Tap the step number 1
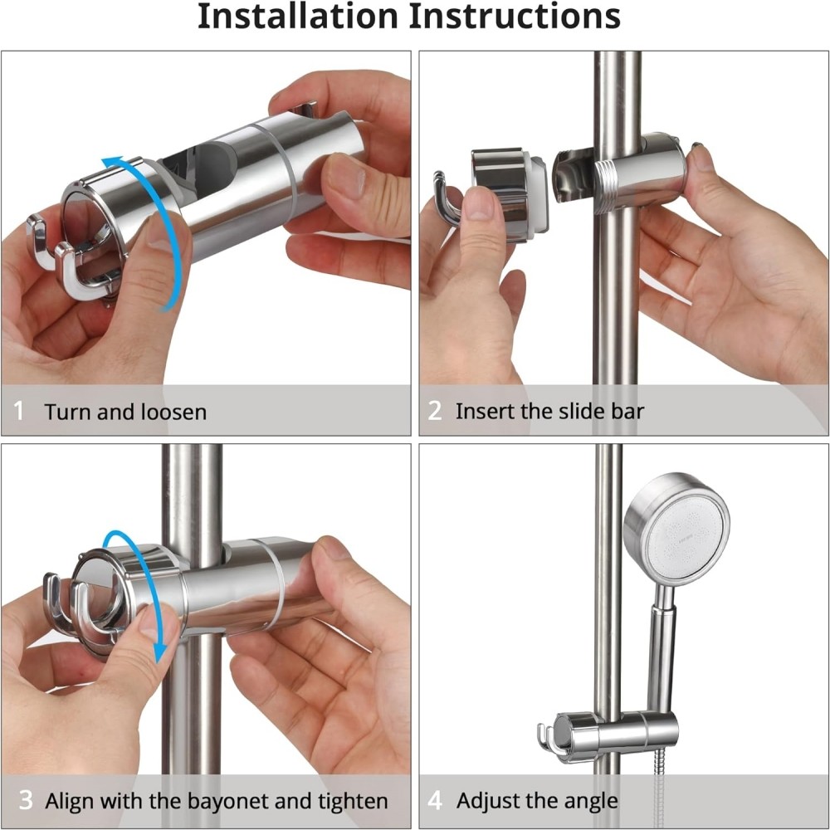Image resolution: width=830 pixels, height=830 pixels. tap(19, 411)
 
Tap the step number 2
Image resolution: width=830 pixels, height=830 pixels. tap(435, 410)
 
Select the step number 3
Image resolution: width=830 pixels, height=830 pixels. tap(25, 801)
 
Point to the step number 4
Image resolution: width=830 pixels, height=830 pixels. tap(435, 801)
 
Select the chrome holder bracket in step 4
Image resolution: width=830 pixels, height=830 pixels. tap(618, 733)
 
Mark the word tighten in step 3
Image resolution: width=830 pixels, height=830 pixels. tap(353, 802)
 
